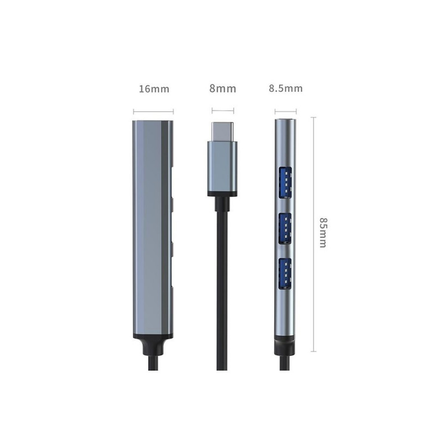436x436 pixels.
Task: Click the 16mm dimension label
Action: pyautogui.click(x=154, y=89)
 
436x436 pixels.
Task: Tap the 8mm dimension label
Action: pyautogui.click(x=223, y=89)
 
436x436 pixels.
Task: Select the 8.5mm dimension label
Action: pyautogui.click(x=286, y=88)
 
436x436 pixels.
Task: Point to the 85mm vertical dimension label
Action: pyautogui.click(x=323, y=233)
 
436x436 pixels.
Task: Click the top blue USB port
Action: pyautogui.click(x=285, y=183)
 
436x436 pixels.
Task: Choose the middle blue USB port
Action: pyautogui.click(x=285, y=228)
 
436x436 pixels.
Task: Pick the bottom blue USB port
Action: pyautogui.click(x=285, y=274)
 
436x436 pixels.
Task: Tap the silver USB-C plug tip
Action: pyautogui.click(x=222, y=132)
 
